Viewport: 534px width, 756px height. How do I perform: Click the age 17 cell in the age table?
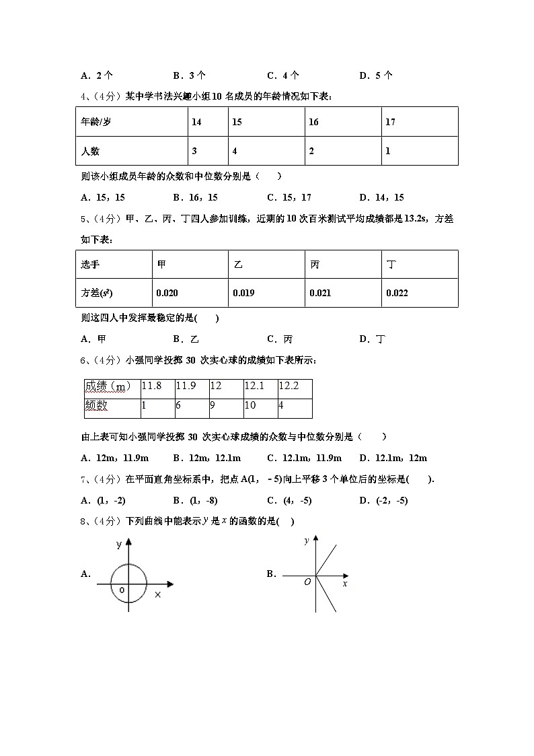pyautogui.click(x=391, y=122)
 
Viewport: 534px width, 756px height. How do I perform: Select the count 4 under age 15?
pyautogui.click(x=235, y=151)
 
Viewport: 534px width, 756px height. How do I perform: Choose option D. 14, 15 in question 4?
pyautogui.click(x=381, y=197)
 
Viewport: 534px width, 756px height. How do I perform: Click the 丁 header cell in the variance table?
pyautogui.click(x=391, y=265)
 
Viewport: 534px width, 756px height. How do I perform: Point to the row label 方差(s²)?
pyautogui.click(x=97, y=293)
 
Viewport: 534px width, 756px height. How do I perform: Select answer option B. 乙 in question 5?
pyautogui.click(x=186, y=339)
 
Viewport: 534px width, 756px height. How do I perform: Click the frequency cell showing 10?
pyautogui.click(x=250, y=405)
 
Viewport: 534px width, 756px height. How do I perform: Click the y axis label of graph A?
pyautogui.click(x=118, y=543)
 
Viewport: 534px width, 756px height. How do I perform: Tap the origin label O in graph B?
pyautogui.click(x=307, y=582)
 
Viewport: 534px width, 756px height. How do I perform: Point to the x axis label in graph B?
pyautogui.click(x=345, y=584)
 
